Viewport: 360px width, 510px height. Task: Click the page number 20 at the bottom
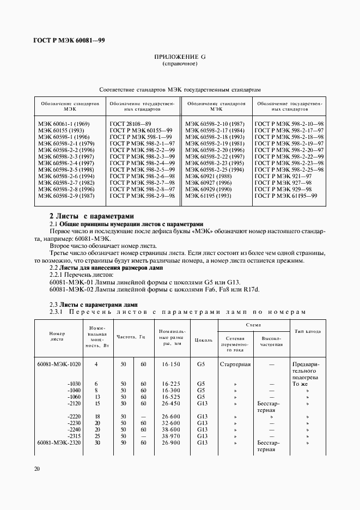coord(36,468)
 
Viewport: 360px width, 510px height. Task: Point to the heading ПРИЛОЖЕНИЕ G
coord(180,57)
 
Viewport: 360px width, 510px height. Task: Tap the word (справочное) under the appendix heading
coord(180,64)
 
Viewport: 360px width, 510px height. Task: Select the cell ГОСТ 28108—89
coord(130,124)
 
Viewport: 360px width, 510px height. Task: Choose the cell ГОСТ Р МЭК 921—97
coord(283,175)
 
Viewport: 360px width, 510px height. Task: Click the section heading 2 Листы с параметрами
coord(91,216)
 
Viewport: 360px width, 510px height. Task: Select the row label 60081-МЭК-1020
coord(59,364)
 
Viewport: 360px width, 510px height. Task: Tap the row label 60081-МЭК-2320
coord(59,443)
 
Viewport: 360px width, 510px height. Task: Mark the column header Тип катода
coord(308,331)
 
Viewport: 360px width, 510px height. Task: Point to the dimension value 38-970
coord(171,436)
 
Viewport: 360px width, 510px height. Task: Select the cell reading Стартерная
coord(235,364)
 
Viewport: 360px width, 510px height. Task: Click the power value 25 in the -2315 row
coord(96,436)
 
